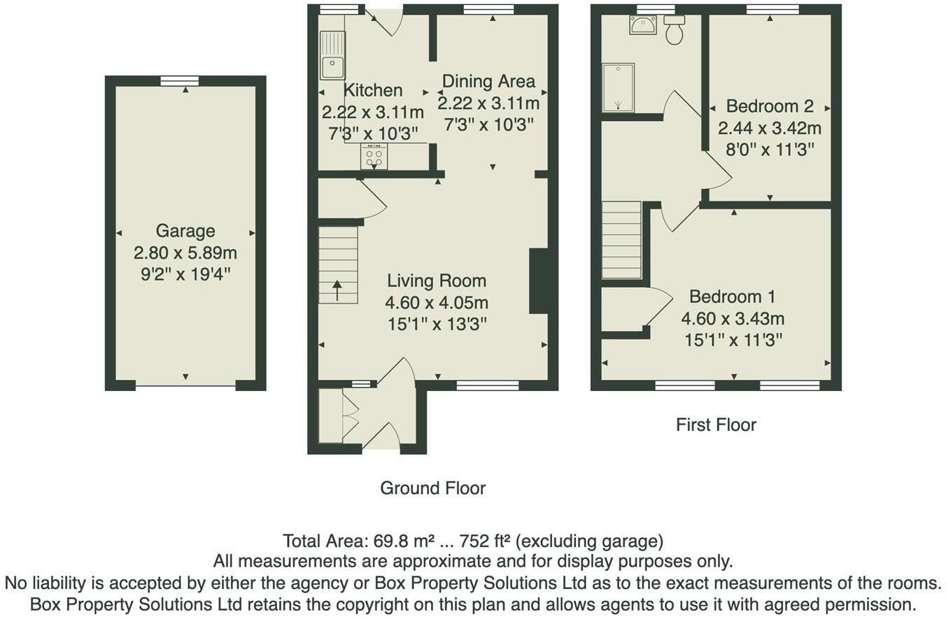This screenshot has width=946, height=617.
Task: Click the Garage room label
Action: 185,231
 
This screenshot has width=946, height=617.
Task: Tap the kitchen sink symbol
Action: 332,56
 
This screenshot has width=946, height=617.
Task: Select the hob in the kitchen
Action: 374,156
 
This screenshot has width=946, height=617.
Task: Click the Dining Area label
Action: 488,81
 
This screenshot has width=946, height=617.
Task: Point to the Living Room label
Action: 437,281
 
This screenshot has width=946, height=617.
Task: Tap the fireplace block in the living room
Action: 538,281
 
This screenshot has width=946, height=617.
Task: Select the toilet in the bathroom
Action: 674,30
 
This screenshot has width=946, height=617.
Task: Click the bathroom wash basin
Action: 642,25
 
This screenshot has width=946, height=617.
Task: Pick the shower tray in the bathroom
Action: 618,87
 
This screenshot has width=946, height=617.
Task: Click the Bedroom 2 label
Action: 770,106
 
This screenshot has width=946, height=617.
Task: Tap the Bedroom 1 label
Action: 732,297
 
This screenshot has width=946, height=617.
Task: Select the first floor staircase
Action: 621,240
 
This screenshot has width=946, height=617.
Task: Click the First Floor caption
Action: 716,425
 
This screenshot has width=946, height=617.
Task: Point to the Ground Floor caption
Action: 432,488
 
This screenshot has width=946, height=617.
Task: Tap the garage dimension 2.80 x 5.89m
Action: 185,253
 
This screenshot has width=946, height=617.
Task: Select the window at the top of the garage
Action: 179,80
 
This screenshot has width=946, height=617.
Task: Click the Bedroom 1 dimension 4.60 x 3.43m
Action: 732,319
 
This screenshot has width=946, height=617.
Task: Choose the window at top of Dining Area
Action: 488,9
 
